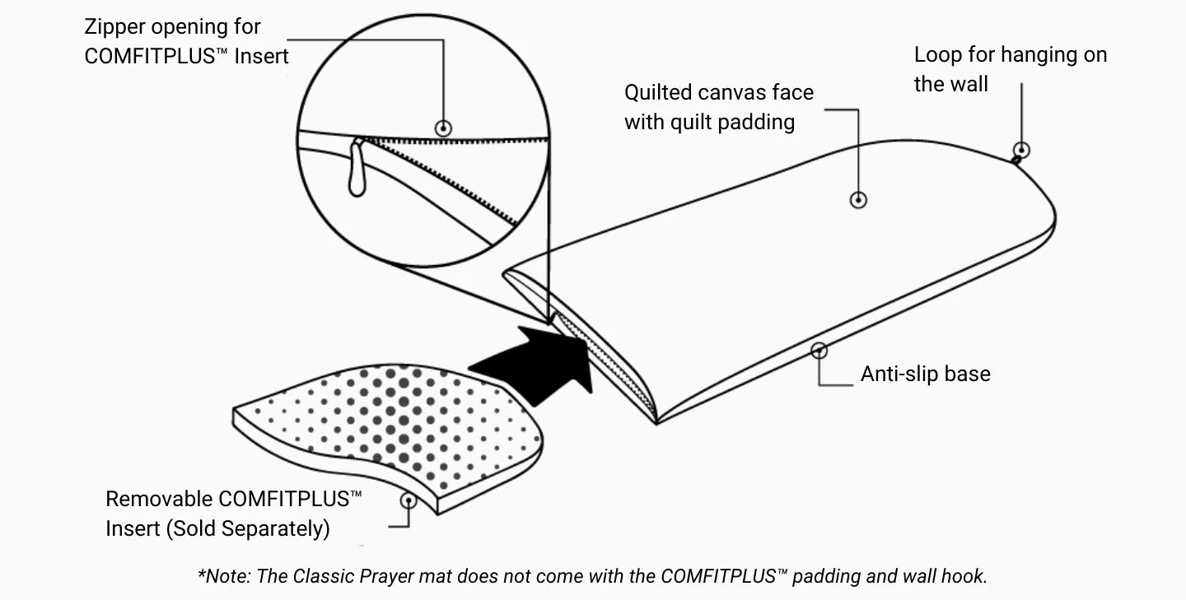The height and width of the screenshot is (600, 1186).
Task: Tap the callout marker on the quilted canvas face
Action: click(858, 199)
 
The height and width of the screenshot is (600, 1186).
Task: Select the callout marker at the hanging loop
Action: click(1021, 150)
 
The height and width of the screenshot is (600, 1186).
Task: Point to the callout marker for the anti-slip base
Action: click(819, 351)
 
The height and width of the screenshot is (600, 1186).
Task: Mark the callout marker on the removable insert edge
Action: click(408, 500)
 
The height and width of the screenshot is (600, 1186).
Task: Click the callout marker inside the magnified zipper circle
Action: click(444, 128)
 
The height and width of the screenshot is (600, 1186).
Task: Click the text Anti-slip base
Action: click(925, 374)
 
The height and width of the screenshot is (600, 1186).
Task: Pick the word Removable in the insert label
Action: click(159, 499)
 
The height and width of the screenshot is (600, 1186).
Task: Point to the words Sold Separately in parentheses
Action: click(248, 528)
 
